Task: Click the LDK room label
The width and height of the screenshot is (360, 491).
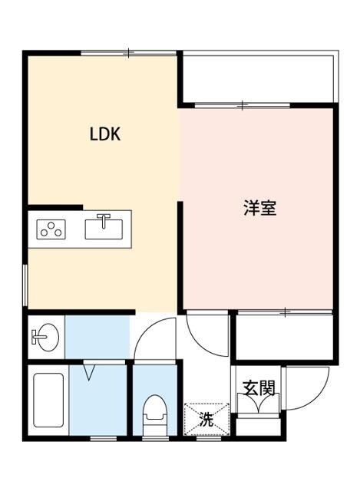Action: [104, 134]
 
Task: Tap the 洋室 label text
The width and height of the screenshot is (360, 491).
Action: [260, 208]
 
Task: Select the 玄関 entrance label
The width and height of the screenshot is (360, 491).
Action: [259, 388]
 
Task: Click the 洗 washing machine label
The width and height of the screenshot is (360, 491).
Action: [205, 420]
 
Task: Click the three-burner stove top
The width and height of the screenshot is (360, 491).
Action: [51, 229]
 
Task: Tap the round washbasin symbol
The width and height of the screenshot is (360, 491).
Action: [45, 336]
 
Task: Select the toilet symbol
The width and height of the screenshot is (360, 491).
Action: [155, 415]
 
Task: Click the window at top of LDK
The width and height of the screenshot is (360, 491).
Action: [129, 53]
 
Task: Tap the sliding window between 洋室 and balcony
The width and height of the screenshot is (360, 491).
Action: [242, 104]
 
